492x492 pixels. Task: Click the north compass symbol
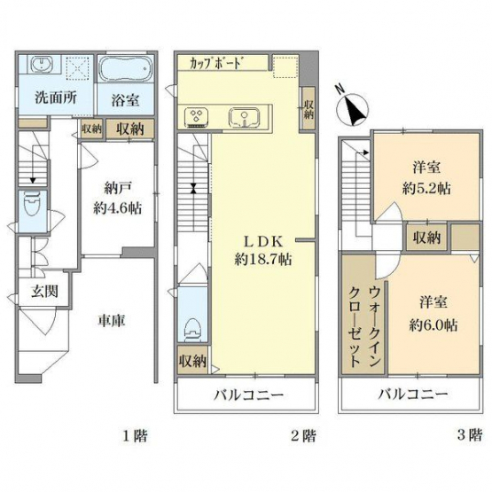click(x=352, y=107)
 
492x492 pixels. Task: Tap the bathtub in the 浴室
click(x=126, y=69)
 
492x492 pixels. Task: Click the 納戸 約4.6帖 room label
click(x=117, y=199)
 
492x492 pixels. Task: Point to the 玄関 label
click(x=44, y=292)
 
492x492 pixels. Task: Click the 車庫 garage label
click(x=112, y=320)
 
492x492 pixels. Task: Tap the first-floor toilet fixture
click(x=32, y=204)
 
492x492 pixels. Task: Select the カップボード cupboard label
click(x=216, y=63)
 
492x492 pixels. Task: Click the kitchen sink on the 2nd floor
click(x=244, y=118)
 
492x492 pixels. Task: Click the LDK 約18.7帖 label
click(x=263, y=250)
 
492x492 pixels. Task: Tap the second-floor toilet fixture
click(x=192, y=330)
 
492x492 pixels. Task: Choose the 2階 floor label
click(x=303, y=435)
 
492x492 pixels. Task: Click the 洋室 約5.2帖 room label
click(x=426, y=177)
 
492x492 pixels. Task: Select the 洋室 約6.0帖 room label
click(x=433, y=314)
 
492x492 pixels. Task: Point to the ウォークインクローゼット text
click(x=365, y=326)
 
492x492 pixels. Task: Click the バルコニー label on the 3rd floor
click(x=412, y=394)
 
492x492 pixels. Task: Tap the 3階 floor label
click(x=470, y=435)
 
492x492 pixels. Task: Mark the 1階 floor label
click(x=135, y=435)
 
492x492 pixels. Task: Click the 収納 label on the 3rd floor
click(x=426, y=238)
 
